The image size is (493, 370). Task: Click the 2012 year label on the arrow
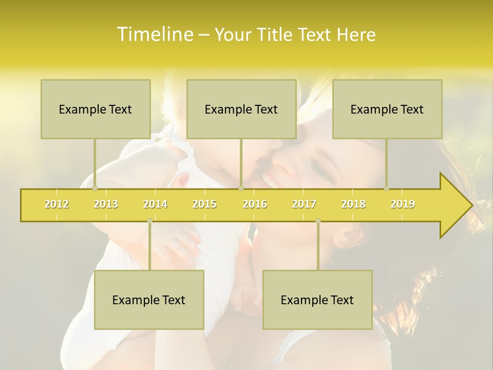(56, 204)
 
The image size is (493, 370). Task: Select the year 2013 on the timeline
(106, 204)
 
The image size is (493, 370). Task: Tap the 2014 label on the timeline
(155, 204)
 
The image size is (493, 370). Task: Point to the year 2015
(204, 204)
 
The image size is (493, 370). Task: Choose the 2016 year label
(255, 204)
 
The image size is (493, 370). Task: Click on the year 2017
(304, 204)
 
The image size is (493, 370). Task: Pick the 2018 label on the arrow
(353, 204)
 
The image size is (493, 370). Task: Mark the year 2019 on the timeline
(403, 204)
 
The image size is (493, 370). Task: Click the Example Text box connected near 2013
(96, 109)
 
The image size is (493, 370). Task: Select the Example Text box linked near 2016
(241, 109)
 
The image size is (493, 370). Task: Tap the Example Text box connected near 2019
(387, 109)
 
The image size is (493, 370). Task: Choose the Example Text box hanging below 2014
(149, 300)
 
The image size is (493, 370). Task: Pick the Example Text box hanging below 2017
(317, 300)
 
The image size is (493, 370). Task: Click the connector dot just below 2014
(149, 221)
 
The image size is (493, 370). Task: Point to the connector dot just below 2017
(318, 221)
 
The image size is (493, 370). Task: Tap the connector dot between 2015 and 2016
(241, 188)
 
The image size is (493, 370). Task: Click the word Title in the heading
(277, 34)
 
